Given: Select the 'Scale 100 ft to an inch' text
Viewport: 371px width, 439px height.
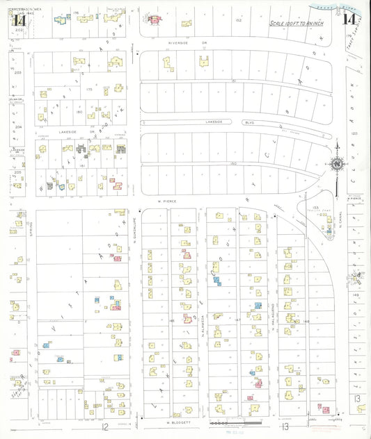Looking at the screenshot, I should pyautogui.click(x=302, y=23).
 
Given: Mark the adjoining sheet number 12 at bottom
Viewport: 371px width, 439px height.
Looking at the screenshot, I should pyautogui.click(x=106, y=426).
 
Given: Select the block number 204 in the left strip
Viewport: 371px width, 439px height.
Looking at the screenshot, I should pyautogui.click(x=19, y=127).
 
